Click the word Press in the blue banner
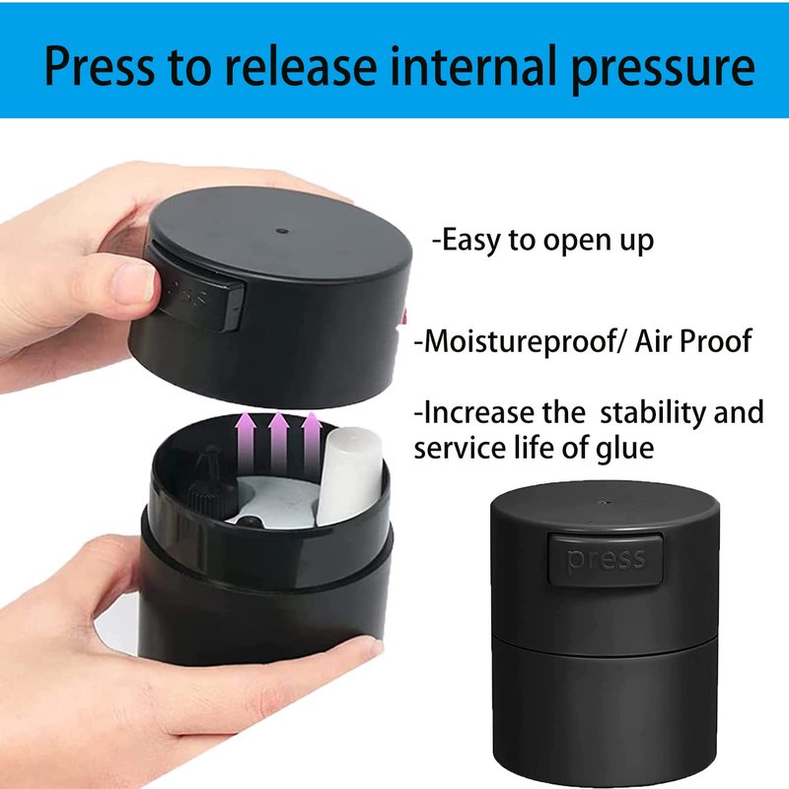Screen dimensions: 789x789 tap(100, 65)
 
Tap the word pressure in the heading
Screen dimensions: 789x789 tap(663, 68)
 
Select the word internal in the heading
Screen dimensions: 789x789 tap(473, 64)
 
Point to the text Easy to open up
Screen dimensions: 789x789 tap(543, 241)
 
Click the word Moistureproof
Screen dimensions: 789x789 tap(519, 341)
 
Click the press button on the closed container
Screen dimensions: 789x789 tap(605, 559)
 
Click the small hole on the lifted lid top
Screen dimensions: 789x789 tap(281, 232)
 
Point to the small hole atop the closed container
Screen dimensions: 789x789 tap(605, 502)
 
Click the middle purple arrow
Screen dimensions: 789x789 tap(278, 443)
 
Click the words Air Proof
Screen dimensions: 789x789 tap(693, 341)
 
